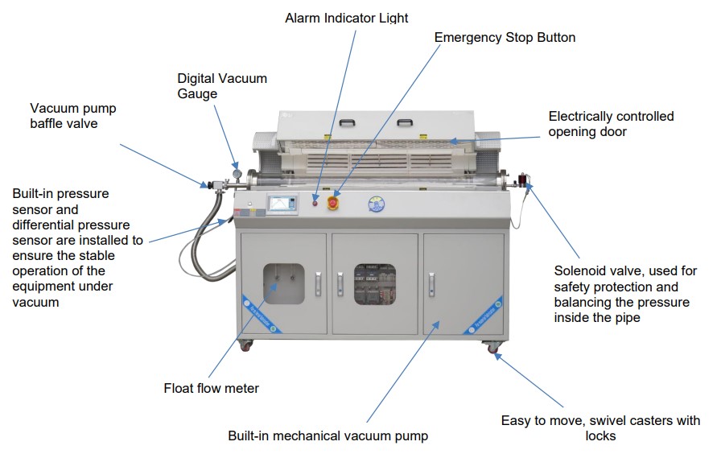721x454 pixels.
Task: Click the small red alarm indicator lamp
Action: pos(316,196)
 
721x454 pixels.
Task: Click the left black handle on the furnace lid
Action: pos(347,122)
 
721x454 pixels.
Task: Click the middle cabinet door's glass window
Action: pos(375,283)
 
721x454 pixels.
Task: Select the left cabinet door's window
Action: pos(284,283)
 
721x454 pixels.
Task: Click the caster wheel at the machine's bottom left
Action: pos(245,347)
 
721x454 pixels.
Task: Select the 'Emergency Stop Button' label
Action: pos(505,37)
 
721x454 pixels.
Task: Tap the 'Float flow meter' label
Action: pos(212,389)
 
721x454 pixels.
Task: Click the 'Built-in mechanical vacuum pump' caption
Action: pos(328,435)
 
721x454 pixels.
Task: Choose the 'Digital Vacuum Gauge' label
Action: pos(221,86)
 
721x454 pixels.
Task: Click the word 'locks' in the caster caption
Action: pos(600,435)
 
